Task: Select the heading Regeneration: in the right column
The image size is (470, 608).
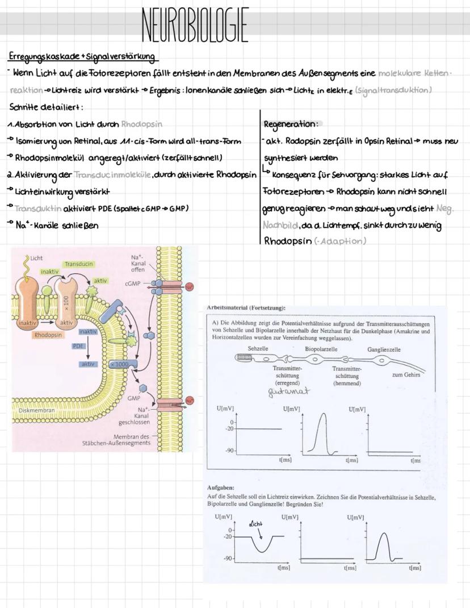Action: (289, 123)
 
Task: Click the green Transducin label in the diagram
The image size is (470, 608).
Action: (79, 264)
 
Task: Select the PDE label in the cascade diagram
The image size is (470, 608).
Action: (78, 345)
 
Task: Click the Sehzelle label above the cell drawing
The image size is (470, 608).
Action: (258, 349)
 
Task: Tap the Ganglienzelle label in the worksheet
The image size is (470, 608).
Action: (383, 349)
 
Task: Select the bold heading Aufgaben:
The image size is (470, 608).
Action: (221, 488)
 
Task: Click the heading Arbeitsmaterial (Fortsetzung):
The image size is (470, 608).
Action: (246, 307)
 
